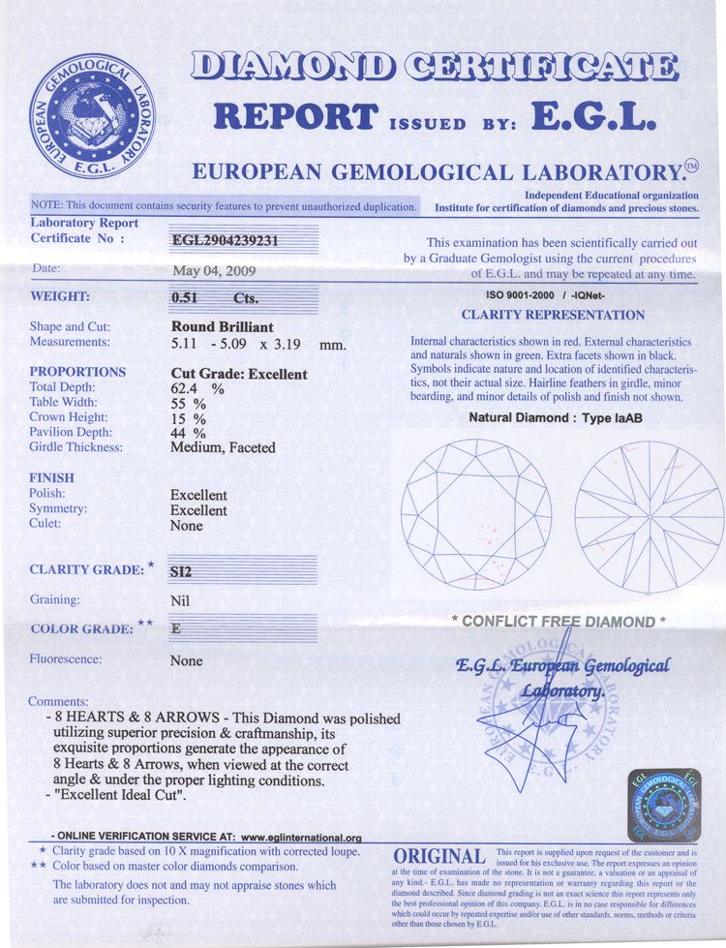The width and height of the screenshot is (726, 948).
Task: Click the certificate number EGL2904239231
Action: coord(227,242)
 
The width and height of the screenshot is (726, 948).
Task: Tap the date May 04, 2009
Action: coord(214,270)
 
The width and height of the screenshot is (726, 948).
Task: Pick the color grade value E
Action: coord(175,627)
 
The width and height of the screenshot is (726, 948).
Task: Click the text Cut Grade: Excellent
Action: coord(239,374)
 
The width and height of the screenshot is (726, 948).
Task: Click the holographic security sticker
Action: coord(664,807)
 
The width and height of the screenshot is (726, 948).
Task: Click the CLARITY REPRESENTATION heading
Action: coord(553,315)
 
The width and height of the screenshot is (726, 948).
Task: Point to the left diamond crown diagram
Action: coord(475,514)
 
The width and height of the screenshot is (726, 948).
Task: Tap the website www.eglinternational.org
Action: coord(300,837)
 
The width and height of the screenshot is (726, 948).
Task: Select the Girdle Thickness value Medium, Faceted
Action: coord(223,447)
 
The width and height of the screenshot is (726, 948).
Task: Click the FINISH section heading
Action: coord(51,478)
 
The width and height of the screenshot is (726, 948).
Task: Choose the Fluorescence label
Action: coord(66,659)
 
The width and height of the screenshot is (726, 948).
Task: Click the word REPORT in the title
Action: coord(294,116)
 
